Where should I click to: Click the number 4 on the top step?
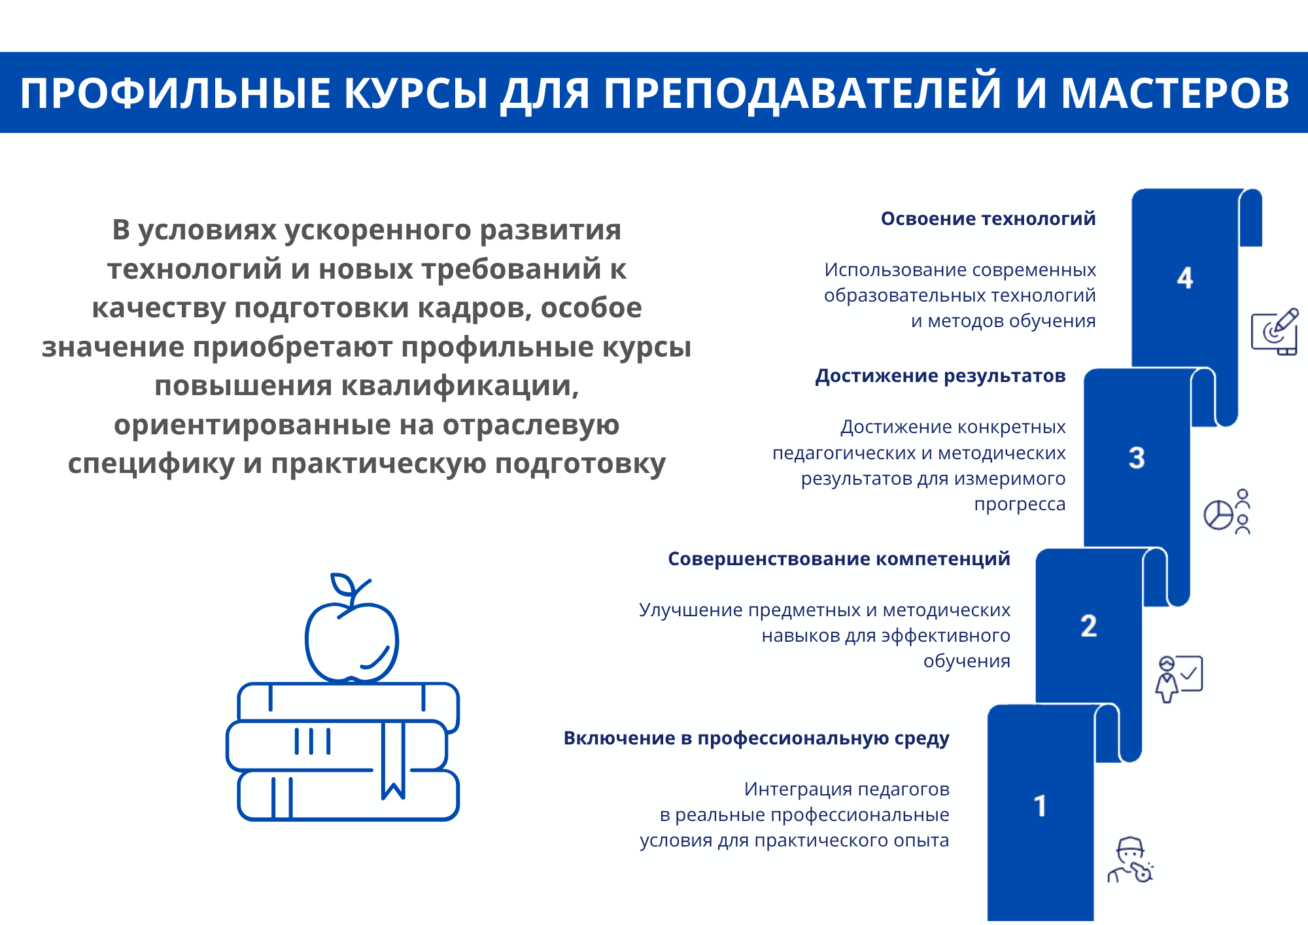[1185, 278]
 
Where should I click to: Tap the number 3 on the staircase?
[1137, 458]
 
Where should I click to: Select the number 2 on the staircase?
[1089, 626]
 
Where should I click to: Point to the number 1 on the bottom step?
[1040, 806]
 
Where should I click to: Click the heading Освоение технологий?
[988, 218]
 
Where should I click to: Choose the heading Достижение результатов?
[940, 376]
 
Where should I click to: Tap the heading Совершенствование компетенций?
[839, 559]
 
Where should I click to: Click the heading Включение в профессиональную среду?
[757, 739]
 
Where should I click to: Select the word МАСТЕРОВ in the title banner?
[1175, 93]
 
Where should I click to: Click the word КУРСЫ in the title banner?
[416, 93]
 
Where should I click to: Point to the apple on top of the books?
[352, 638]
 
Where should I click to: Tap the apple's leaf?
[342, 584]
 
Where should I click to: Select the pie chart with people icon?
[1227, 512]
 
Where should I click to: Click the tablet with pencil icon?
[1275, 332]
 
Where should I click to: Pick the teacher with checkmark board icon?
[1179, 680]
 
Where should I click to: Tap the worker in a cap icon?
[1130, 860]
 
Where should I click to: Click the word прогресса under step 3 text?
[1020, 505]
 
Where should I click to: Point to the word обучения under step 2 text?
[967, 661]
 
